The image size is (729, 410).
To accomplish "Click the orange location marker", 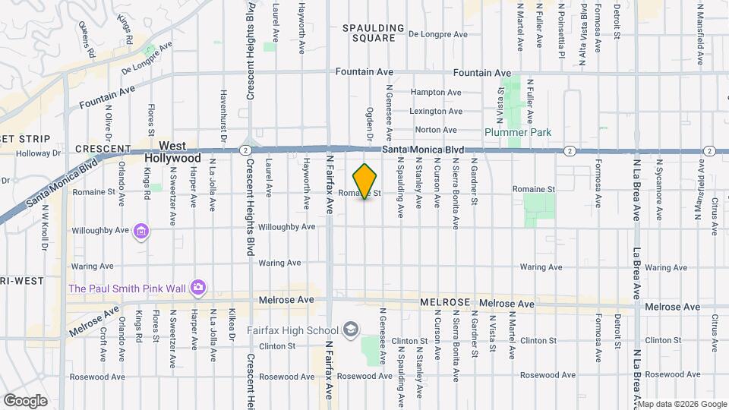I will click(365, 181).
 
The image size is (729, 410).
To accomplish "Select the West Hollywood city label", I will click(179, 151).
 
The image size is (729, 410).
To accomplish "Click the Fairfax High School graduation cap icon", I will click(351, 330).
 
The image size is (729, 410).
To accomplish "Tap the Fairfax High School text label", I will click(293, 330).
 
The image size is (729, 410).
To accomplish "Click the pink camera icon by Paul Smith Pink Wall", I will click(198, 288).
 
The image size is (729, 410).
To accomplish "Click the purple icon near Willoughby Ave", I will click(140, 231).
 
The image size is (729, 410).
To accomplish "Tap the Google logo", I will click(25, 400).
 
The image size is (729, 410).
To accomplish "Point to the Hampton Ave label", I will click(435, 93).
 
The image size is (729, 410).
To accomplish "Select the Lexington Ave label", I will click(436, 112).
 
